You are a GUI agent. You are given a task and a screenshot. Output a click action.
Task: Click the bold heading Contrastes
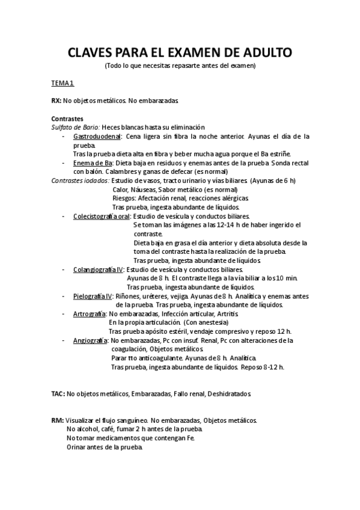tap(67, 118)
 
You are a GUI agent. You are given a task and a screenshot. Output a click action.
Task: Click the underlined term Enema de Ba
tap(93, 163)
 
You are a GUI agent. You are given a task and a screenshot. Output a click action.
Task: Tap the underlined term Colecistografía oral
tap(101, 216)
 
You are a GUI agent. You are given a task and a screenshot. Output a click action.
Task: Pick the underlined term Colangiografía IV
tap(98, 269)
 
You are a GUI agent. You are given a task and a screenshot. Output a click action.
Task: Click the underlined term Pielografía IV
tap(93, 296)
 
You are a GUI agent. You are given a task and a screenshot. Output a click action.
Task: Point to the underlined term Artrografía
tap(89, 313)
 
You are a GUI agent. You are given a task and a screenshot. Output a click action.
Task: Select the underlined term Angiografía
tap(90, 340)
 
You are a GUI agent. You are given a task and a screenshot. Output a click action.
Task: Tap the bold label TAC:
tap(58, 394)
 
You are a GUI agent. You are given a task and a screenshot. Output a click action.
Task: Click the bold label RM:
tap(58, 420)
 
